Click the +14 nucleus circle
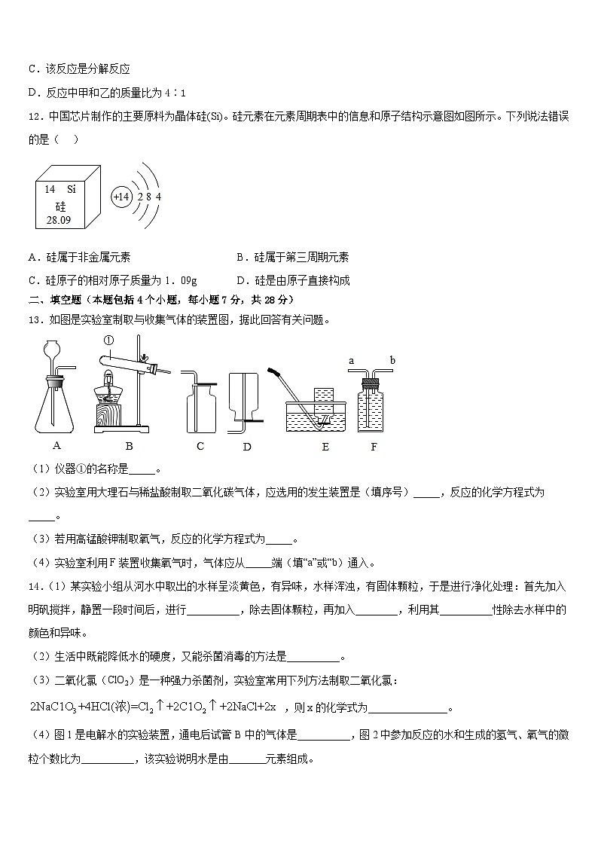click(x=121, y=197)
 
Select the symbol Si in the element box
click(x=72, y=190)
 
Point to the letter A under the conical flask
click(x=56, y=445)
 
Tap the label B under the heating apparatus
click(x=129, y=445)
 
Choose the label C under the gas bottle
click(x=200, y=445)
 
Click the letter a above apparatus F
click(x=351, y=361)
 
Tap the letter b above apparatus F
click(x=392, y=361)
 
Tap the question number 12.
click(x=34, y=116)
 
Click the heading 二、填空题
click(x=50, y=300)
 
